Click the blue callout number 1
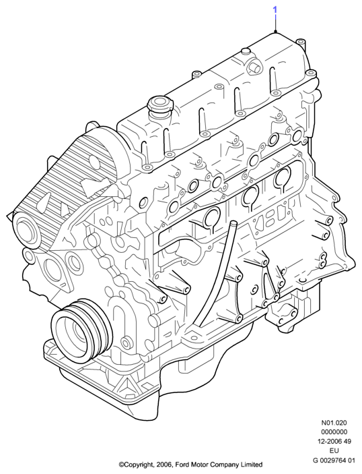[275, 10]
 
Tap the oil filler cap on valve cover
[159, 107]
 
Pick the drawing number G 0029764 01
[334, 461]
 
